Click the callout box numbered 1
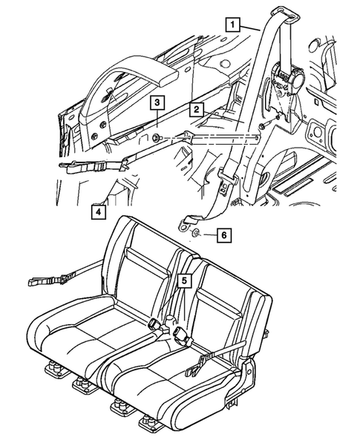[234, 25]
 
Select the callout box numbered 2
[195, 110]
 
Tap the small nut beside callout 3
[157, 138]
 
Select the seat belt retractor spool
[287, 78]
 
